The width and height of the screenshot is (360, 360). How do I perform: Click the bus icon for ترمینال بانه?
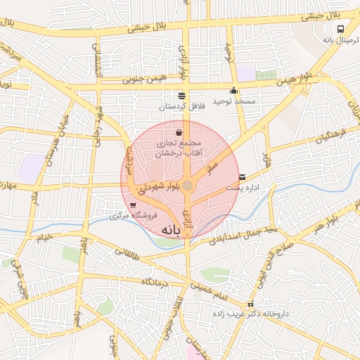point(340,30)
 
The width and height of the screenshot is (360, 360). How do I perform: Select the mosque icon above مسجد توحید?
point(234,91)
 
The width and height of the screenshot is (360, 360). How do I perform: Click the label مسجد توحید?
point(236,102)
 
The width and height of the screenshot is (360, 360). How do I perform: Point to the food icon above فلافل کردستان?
point(182,96)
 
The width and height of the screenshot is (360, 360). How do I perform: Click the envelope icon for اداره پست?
point(243,177)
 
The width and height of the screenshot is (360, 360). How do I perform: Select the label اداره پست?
point(243,188)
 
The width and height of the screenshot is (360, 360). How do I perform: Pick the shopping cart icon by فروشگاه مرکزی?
point(133,204)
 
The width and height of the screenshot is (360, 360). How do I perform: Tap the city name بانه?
point(175,230)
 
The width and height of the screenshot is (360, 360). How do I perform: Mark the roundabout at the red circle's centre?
point(188,185)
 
